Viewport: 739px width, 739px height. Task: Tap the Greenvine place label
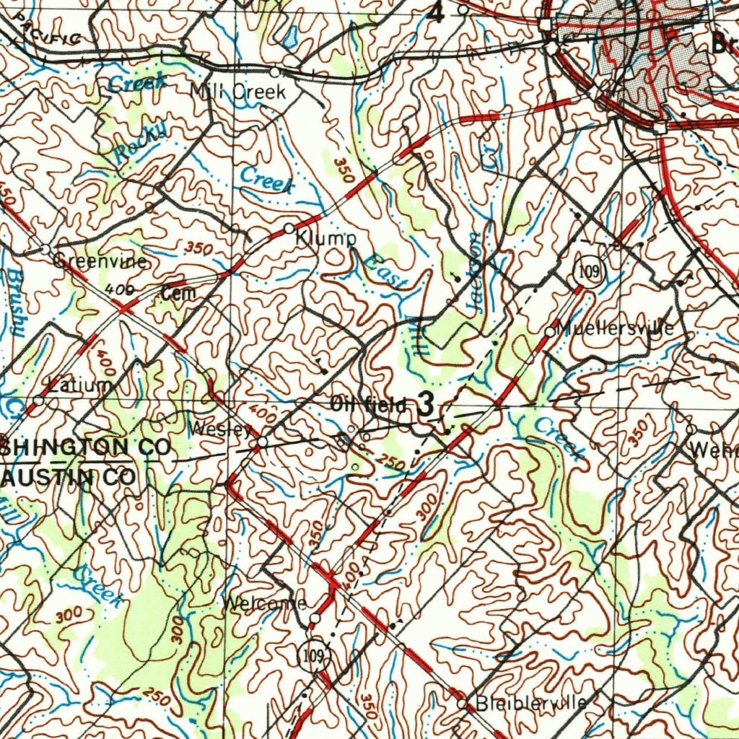(101, 261)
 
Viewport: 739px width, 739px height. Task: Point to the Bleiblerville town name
(530, 703)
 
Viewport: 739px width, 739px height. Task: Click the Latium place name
(81, 385)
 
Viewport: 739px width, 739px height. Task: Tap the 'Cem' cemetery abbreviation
(178, 293)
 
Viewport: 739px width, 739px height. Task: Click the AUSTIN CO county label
(68, 477)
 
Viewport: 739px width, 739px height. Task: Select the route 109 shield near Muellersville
(588, 271)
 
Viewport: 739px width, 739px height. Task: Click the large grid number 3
(426, 406)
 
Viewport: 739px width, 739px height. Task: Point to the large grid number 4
(437, 13)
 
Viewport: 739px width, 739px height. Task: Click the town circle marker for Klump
(289, 228)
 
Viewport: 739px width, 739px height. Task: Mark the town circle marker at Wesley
(263, 441)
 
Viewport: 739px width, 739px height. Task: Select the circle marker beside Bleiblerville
(463, 703)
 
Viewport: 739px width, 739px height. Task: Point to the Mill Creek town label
(238, 92)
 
